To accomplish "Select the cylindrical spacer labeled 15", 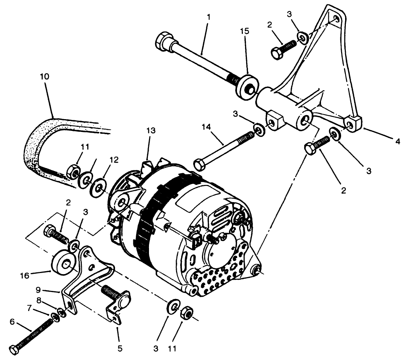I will point(247,86).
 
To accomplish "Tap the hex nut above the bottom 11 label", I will point(187,312).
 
